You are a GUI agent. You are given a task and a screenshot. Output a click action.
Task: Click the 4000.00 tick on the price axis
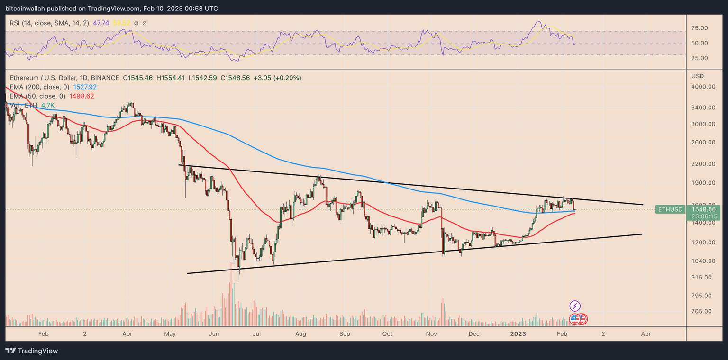703,87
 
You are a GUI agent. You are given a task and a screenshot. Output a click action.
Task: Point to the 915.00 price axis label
701,277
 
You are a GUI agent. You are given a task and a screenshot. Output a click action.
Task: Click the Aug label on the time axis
300,334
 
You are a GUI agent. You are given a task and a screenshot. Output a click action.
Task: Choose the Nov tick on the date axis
431,334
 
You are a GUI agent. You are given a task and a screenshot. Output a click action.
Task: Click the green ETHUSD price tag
669,209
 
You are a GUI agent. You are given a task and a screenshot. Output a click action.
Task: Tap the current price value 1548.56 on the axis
706,208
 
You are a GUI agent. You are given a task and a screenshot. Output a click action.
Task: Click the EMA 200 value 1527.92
85,87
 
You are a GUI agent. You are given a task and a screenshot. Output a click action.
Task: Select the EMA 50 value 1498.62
82,96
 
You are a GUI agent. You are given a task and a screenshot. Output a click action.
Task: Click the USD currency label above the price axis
697,76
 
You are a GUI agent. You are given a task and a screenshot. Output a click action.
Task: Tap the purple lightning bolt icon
574,306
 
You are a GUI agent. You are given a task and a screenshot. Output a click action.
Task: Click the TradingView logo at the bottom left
32,351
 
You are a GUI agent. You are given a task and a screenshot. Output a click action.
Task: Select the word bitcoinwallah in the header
25,9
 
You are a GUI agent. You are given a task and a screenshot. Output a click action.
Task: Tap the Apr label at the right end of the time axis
646,334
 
